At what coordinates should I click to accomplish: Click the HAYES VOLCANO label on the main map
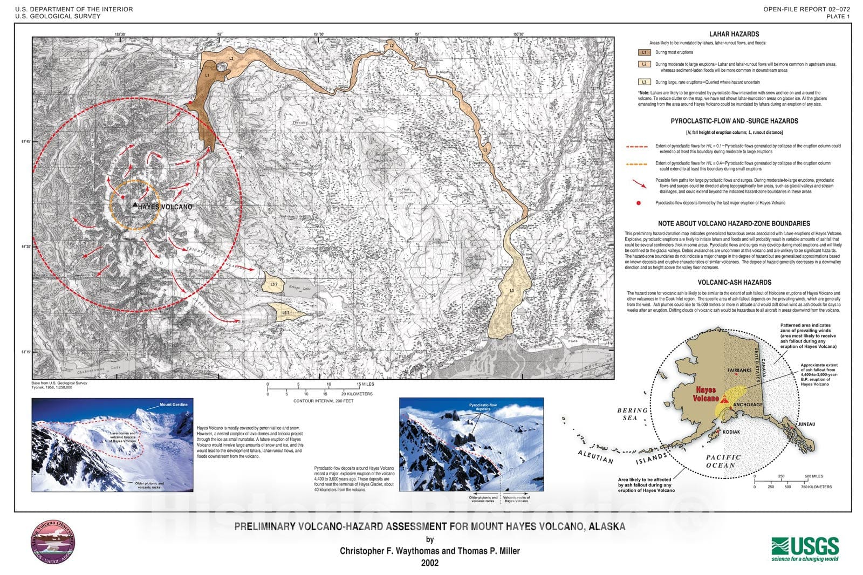point(165,207)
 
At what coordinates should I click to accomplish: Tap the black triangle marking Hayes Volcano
point(134,205)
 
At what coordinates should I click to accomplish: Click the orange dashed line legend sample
point(636,163)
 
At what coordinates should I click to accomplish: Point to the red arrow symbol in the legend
point(639,183)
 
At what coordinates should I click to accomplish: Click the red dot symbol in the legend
point(639,203)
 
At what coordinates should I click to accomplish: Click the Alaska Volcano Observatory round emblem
point(53,543)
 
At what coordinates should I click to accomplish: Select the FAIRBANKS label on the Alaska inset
point(739,371)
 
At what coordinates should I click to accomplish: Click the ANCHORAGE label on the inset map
point(748,405)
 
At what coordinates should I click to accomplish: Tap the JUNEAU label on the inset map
point(806,424)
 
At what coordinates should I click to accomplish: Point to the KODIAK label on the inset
point(732,432)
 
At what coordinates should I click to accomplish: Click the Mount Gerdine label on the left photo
point(173,404)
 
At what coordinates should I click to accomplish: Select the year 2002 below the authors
point(429,563)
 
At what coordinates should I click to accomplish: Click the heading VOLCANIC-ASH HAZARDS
point(734,282)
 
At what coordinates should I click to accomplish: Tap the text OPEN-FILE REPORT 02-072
point(806,9)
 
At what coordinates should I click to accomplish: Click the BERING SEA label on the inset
point(632,414)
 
